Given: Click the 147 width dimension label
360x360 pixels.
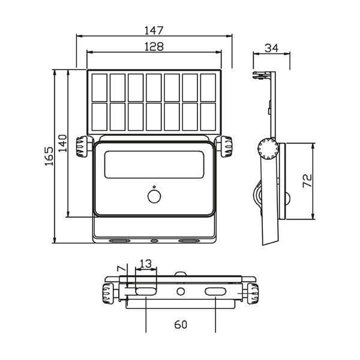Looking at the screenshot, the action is [x=154, y=31].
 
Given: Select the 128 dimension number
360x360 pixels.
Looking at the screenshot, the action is [x=154, y=47].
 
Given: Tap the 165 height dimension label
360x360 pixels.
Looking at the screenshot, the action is [x=49, y=156].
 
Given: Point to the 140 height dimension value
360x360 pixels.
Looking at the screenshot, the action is [x=62, y=143].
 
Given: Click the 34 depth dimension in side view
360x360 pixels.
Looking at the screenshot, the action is [x=271, y=48].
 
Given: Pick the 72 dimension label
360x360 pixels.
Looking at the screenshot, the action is [x=307, y=181].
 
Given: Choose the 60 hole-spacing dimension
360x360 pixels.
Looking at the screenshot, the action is [x=181, y=325].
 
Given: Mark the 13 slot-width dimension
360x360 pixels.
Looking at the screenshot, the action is [x=146, y=264].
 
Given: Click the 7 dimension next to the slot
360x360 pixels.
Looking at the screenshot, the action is [x=121, y=268].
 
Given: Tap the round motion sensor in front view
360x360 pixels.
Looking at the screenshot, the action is [x=154, y=197].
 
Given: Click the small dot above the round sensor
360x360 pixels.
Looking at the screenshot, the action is [x=154, y=187].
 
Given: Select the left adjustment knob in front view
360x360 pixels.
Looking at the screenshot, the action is [x=82, y=146].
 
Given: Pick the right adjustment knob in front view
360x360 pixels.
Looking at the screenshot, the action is [x=226, y=146].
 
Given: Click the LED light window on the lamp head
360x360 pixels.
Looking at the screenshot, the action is [x=154, y=164].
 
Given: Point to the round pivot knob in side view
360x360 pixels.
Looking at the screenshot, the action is [x=268, y=149].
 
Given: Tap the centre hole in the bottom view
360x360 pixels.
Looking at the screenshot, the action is [x=181, y=292].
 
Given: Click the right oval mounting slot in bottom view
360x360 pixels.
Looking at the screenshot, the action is [x=215, y=292].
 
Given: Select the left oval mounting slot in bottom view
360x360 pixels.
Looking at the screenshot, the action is [x=146, y=292].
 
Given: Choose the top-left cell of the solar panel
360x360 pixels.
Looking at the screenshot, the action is [x=100, y=88].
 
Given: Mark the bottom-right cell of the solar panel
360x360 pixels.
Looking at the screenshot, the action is [x=208, y=117].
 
